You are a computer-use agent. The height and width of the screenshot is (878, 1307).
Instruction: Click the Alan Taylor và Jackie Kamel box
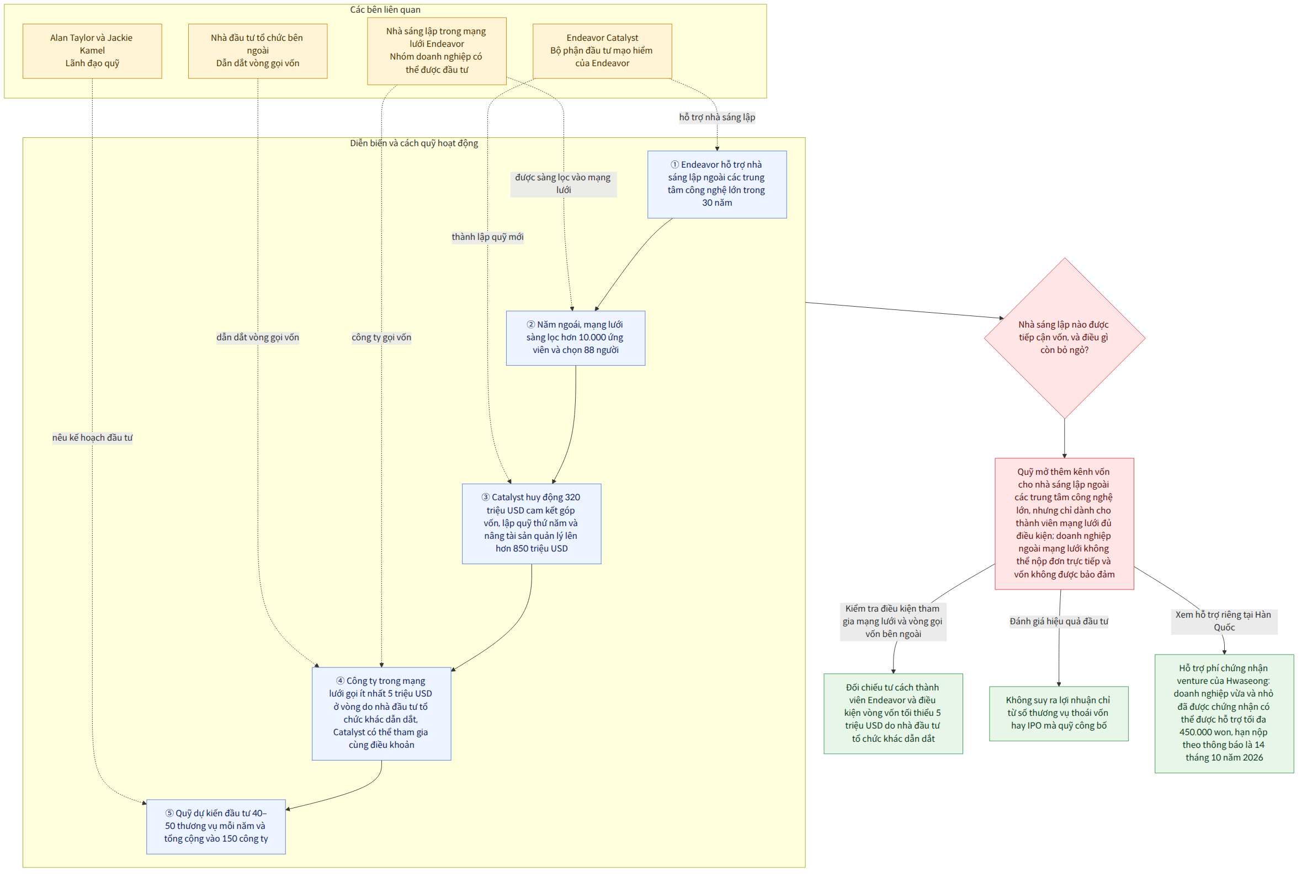92,51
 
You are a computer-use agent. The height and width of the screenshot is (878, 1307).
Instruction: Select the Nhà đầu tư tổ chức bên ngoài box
258,51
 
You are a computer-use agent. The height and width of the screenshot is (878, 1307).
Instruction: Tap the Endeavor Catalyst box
602,51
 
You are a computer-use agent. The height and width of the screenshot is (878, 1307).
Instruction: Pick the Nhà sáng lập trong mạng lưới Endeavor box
437,51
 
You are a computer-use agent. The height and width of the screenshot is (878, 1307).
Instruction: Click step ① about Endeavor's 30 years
717,184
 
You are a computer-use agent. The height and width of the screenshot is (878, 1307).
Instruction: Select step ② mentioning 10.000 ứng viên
575,338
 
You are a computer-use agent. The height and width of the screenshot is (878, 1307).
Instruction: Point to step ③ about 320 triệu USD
532,523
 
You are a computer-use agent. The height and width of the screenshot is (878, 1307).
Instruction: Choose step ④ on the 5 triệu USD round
381,714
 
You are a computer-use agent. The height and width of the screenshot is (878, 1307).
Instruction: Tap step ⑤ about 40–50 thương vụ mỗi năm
216,827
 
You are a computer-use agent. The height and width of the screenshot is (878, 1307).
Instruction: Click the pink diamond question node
1065,338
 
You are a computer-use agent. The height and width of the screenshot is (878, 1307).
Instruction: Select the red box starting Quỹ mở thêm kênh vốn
1065,523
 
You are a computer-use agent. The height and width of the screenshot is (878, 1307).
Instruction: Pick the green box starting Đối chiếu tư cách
893,714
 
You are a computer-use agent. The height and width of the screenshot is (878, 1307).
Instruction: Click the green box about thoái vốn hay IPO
1059,714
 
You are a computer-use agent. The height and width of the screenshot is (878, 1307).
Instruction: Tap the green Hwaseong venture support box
1224,714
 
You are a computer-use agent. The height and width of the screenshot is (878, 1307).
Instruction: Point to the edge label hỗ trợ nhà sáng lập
717,117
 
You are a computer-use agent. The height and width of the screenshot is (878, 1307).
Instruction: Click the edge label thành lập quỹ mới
487,237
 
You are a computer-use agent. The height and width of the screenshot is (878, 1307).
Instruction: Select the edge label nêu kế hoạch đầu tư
92,437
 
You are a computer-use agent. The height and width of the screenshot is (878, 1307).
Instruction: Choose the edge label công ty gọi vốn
381,337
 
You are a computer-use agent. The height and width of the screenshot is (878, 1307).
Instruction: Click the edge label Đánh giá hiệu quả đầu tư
1059,621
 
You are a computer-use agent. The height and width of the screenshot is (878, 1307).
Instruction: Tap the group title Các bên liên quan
385,9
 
